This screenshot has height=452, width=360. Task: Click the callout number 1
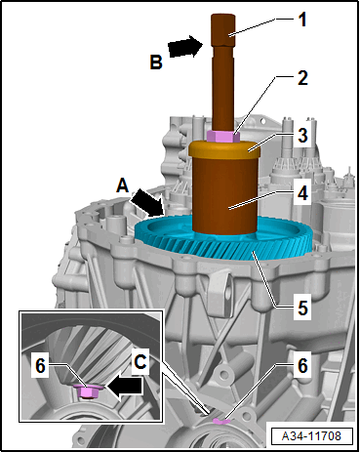(302, 20)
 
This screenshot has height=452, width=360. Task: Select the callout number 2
(302, 78)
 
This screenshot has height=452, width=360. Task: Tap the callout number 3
(302, 135)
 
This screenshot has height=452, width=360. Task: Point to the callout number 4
(302, 193)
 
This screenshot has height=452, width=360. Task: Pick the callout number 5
(302, 308)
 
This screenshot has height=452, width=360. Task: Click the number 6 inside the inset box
(40, 366)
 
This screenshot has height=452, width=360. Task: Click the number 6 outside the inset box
(302, 366)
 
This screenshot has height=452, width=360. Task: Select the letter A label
(123, 186)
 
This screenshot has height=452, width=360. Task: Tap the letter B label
(156, 62)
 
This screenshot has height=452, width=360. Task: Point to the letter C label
(140, 361)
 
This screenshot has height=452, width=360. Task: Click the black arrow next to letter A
(148, 203)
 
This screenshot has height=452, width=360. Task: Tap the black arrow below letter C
(125, 388)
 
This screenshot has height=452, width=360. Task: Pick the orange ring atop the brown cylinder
(224, 148)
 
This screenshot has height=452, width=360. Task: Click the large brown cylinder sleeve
(224, 193)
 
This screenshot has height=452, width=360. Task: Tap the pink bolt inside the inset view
(87, 390)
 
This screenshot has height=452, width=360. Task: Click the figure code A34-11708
(312, 435)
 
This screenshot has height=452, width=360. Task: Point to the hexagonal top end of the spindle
(222, 30)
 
